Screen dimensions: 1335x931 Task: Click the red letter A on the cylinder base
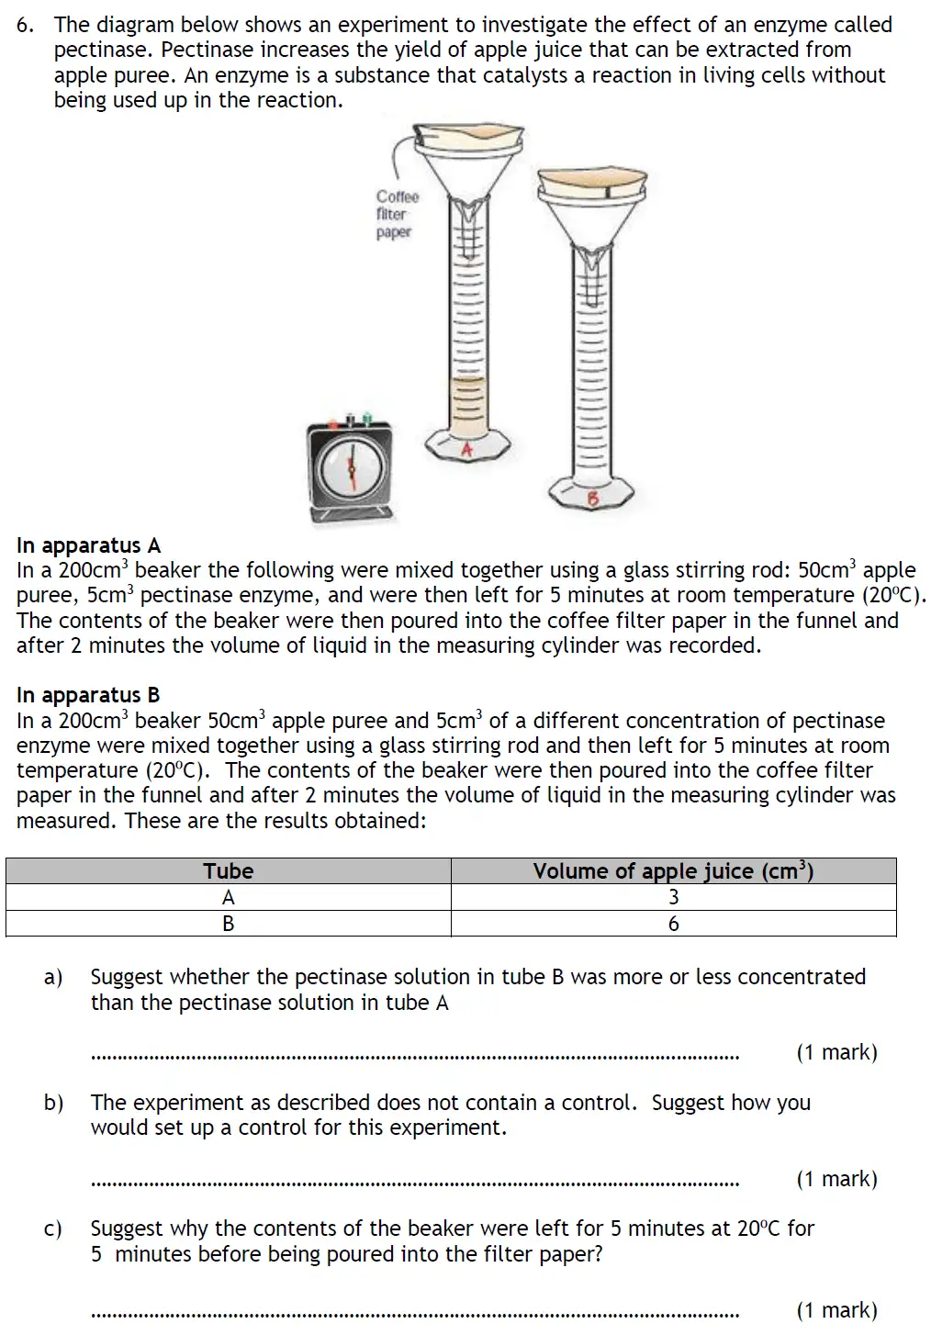pos(466,450)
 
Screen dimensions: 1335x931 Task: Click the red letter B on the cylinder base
pos(592,499)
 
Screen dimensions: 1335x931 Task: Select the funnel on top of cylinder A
pos(469,165)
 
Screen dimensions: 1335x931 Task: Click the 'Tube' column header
pos(228,870)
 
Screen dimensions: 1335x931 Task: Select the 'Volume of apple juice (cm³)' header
pos(673,870)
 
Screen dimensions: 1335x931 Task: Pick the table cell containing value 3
pos(673,897)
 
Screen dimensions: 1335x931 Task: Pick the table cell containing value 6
pos(673,924)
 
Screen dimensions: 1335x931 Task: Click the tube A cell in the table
pos(228,897)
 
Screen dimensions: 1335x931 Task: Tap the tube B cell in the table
pos(228,924)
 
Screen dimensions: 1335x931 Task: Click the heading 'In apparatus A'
pos(88,545)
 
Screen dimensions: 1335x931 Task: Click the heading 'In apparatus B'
pos(88,695)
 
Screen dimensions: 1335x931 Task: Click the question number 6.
pos(25,25)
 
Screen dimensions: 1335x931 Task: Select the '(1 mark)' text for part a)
pos(836,1052)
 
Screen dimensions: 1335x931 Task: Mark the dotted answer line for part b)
pos(415,1184)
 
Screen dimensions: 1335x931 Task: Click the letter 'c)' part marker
pos(53,1228)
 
